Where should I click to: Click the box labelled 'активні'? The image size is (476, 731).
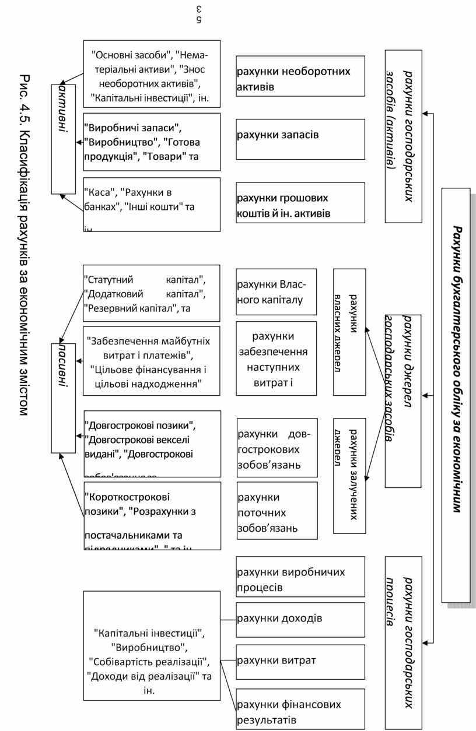pyautogui.click(x=63, y=135)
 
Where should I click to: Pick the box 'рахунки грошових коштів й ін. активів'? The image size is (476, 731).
pyautogui.click(x=300, y=205)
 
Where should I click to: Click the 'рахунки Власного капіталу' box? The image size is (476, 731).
pyautogui.click(x=276, y=292)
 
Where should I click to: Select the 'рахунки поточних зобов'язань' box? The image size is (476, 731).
pyautogui.click(x=277, y=512)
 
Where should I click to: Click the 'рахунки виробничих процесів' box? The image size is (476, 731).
pyautogui.click(x=300, y=579)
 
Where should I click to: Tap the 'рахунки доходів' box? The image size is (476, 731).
pyautogui.click(x=300, y=619)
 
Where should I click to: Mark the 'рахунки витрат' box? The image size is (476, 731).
pyautogui.click(x=300, y=662)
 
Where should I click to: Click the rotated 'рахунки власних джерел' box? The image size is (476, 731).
pyautogui.click(x=349, y=332)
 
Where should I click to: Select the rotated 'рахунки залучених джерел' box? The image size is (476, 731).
pyautogui.click(x=349, y=475)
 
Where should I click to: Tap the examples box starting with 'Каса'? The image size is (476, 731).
pyautogui.click(x=152, y=205)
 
